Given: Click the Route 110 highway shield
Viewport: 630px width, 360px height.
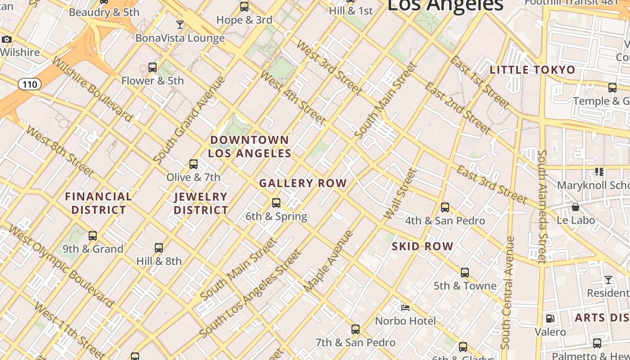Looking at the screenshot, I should (30, 84).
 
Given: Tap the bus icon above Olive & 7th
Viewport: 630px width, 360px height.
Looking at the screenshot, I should (193, 164).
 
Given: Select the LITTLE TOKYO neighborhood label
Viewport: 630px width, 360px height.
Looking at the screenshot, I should (532, 70).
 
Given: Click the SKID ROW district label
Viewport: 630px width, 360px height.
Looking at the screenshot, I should (422, 246).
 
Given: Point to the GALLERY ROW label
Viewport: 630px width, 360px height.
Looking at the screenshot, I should (303, 183).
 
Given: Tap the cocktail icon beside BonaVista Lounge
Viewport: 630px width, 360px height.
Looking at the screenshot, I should (180, 24).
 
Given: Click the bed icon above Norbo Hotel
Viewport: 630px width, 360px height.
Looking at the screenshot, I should (405, 308).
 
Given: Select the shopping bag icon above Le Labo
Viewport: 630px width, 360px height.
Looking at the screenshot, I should (575, 207).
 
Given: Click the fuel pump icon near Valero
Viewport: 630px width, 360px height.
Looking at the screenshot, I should (550, 319).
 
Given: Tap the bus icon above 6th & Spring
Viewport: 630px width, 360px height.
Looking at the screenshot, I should (276, 203).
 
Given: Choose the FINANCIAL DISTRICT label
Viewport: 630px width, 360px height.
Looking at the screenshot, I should (99, 203).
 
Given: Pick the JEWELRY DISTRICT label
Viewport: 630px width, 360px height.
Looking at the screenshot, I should (201, 203).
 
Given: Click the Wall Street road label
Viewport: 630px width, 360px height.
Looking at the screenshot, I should (400, 194).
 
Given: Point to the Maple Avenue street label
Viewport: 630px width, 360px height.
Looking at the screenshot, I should (328, 261).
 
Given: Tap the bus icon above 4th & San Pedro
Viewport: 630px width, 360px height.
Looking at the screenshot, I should (445, 207).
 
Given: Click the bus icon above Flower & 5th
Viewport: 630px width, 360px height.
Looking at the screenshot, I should (153, 67).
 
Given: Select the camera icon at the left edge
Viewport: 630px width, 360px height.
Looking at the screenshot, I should (6, 40).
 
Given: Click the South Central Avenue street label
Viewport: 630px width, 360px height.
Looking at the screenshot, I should (508, 292).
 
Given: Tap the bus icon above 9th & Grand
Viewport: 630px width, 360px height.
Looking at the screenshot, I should (93, 236).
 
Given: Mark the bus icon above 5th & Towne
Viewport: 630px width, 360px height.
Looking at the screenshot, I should (465, 273).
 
